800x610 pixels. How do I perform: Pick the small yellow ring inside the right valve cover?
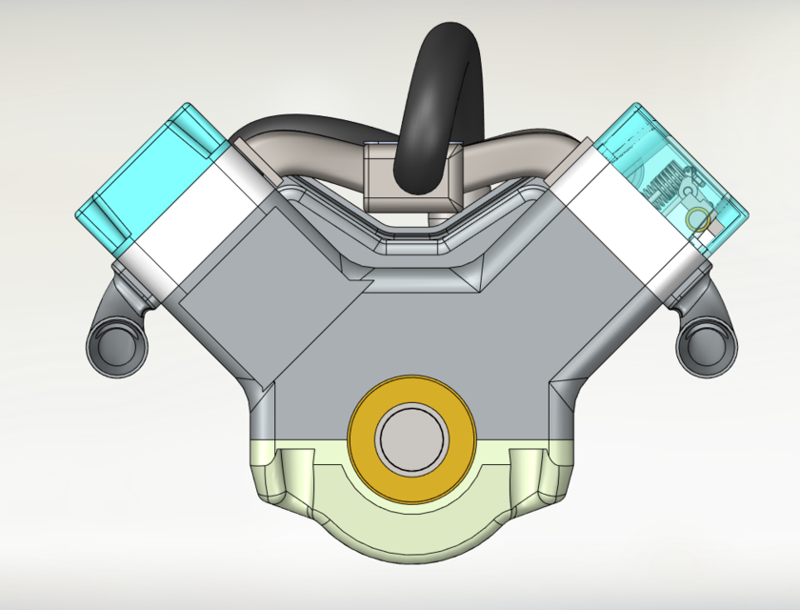tap(698, 219)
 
